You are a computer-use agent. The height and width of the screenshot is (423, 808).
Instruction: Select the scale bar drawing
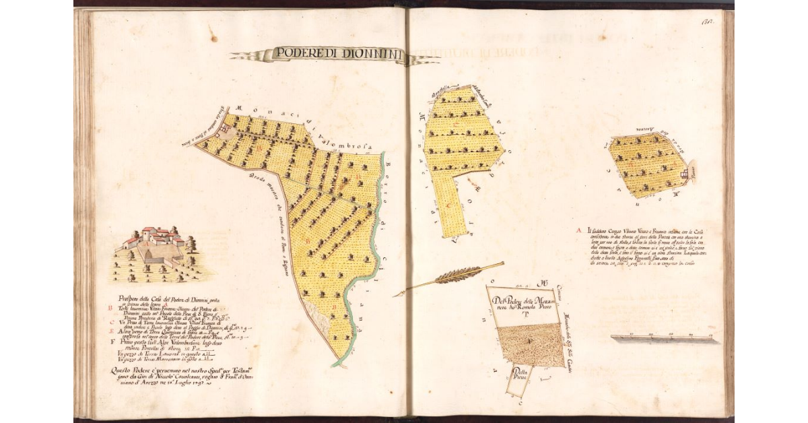pos(663,337)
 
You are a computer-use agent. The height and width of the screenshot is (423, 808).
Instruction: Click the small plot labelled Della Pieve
pos(519,377)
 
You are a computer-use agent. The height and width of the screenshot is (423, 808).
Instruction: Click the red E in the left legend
pos(110,332)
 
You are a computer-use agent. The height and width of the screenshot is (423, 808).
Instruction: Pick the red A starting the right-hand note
pos(579,231)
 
